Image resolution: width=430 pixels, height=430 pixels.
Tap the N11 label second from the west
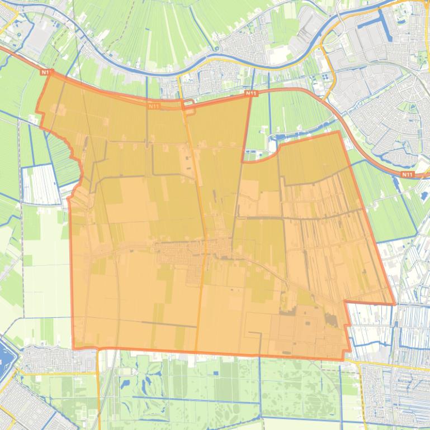[x=154, y=105]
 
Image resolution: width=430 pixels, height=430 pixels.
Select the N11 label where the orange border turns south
[x=251, y=94]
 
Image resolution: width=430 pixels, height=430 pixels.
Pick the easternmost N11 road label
[x=408, y=175]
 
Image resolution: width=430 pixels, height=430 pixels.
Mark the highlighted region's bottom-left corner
[x=74, y=347]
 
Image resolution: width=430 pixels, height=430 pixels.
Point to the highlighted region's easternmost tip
[x=395, y=304]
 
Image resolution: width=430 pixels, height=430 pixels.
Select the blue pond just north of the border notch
[x=282, y=136]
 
